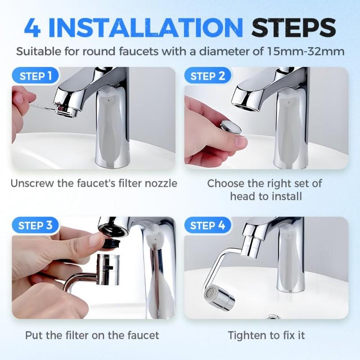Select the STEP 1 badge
(x=36, y=76)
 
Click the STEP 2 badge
(x=208, y=76)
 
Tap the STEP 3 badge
(x=36, y=225)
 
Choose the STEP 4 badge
(x=207, y=225)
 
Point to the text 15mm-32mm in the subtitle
(x=306, y=51)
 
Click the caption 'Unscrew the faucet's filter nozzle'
(x=94, y=184)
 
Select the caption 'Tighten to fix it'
(x=266, y=335)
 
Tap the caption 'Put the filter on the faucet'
(x=92, y=335)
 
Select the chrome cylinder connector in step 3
(x=108, y=270)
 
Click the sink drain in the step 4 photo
(x=274, y=317)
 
